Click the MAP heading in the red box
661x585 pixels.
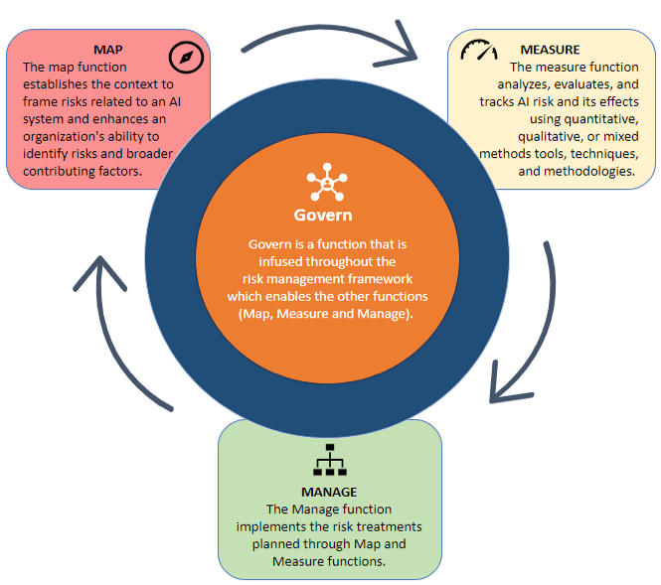tap(108, 50)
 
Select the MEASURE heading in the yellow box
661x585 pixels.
tap(551, 49)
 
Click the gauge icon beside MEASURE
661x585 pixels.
tap(480, 51)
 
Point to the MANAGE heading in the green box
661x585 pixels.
tap(329, 492)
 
